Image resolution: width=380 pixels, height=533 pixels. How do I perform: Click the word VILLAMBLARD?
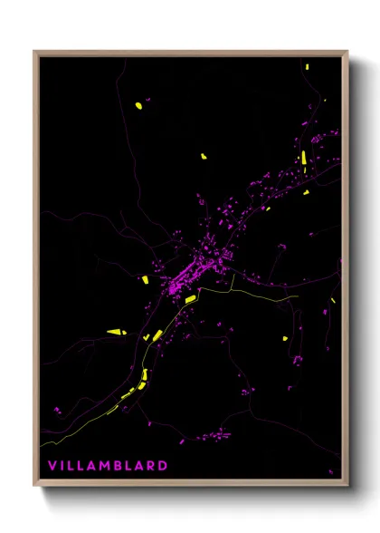108,466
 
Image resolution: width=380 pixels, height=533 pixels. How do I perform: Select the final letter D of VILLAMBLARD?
164,466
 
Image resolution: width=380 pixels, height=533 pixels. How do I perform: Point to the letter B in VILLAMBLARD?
119,466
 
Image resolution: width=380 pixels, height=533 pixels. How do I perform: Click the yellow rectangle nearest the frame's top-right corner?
308,66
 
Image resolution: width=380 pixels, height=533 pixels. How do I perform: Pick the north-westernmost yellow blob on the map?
138,105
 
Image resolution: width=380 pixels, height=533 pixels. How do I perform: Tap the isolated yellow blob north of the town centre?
204,156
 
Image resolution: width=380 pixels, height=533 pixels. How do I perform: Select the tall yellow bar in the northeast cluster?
303,163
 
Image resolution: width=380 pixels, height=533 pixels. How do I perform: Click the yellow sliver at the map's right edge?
334,300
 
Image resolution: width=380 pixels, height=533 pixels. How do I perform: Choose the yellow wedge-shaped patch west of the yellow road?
116,332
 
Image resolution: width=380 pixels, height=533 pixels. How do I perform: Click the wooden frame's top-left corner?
34,52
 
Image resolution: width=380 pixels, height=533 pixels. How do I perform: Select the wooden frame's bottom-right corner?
347,485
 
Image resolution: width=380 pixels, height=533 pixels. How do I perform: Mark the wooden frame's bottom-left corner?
34,485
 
